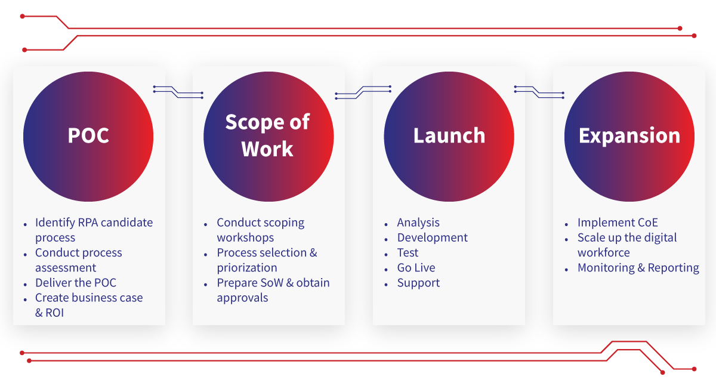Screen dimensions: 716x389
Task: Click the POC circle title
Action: point(88,135)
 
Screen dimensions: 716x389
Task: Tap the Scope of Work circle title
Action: point(267,135)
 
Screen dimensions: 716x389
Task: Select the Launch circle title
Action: point(449,135)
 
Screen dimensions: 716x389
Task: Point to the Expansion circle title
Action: point(629,136)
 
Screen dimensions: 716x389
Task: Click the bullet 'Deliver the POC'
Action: point(76,283)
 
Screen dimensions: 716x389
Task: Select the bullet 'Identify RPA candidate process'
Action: point(94,230)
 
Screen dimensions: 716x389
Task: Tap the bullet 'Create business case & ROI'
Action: point(89,305)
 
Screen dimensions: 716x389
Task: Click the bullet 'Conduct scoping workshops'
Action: point(261,230)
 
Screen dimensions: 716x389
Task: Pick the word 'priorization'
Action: point(247,268)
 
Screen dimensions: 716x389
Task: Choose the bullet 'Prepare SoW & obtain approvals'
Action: point(273,290)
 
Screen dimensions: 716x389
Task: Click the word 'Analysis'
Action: point(418,223)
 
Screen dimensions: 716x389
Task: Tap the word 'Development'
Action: point(432,237)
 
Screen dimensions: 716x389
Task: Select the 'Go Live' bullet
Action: point(416,267)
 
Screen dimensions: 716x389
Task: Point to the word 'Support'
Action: point(418,283)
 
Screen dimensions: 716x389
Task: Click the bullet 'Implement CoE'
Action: point(618,223)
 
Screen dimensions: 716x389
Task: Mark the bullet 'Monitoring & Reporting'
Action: point(638,268)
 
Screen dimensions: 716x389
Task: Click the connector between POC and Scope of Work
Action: point(178,92)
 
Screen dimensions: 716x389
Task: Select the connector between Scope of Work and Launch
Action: point(363,92)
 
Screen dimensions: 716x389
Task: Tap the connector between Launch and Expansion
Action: point(539,92)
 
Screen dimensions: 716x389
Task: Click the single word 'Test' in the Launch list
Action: point(408,252)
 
